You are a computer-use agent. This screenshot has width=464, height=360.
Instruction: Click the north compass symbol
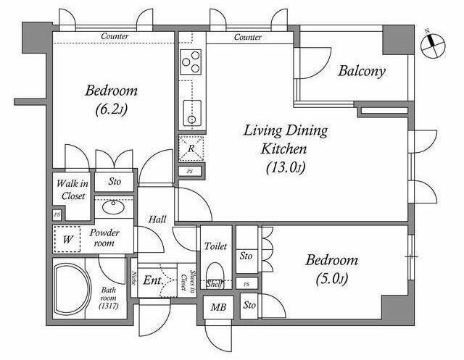pyautogui.click(x=433, y=46)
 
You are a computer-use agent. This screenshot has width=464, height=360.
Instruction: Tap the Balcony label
pyautogui.click(x=362, y=71)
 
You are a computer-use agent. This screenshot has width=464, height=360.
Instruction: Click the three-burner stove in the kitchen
pyautogui.click(x=191, y=62)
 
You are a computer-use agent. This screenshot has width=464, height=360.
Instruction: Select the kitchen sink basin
pyautogui.click(x=191, y=113)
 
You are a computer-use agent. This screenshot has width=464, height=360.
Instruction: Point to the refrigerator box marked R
pyautogui.click(x=191, y=148)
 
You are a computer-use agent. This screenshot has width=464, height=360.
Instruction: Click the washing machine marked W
pyautogui.click(x=67, y=239)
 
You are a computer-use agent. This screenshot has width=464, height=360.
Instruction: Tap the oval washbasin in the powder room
pyautogui.click(x=113, y=206)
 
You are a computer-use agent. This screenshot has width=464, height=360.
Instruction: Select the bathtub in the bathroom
pyautogui.click(x=72, y=288)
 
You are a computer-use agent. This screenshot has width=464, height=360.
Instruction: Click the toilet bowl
pyautogui.click(x=215, y=274)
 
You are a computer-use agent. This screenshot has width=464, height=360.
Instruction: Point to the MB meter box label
pyautogui.click(x=218, y=307)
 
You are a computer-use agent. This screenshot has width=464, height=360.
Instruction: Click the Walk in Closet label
pyautogui.click(x=72, y=190)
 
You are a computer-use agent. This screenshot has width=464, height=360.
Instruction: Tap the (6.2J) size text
pyautogui.click(x=111, y=109)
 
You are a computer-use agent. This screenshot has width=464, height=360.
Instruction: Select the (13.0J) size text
pyautogui.click(x=286, y=167)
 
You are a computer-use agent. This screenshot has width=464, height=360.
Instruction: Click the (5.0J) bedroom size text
pyautogui.click(x=332, y=278)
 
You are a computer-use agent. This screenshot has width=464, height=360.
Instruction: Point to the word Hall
pyautogui.click(x=157, y=219)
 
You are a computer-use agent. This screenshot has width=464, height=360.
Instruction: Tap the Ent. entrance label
pyautogui.click(x=152, y=280)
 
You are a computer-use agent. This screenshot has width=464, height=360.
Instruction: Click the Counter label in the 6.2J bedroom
pyautogui.click(x=115, y=36)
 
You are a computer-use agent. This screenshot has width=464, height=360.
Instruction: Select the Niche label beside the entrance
pyautogui.click(x=133, y=278)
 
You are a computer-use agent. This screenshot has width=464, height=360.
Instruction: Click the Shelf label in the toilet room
pyautogui.click(x=214, y=284)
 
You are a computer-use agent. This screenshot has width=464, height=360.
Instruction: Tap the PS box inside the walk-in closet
pyautogui.click(x=57, y=215)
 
